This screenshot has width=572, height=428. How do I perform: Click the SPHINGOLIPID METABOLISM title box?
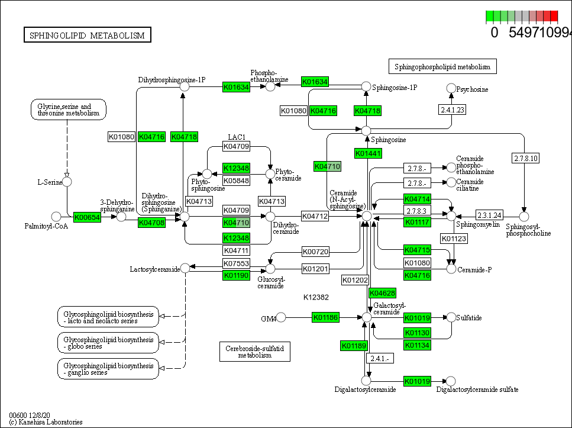click(x=87, y=36)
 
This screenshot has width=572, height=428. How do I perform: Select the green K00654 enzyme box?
click(x=87, y=217)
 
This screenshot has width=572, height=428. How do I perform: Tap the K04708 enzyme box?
click(x=151, y=223)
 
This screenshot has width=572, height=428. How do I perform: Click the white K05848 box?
click(x=236, y=180)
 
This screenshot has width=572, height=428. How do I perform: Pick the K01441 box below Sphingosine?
click(x=368, y=153)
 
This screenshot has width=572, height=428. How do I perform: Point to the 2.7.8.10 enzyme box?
click(x=525, y=158)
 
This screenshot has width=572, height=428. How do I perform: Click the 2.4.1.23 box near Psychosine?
click(x=453, y=109)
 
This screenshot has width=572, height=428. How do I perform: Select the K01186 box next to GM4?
click(x=326, y=318)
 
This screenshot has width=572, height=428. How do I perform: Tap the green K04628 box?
click(x=382, y=293)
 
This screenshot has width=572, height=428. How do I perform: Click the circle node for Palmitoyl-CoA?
click(x=57, y=217)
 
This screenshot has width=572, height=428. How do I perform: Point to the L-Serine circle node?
click(x=67, y=182)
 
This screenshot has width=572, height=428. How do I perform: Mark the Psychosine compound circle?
click(x=451, y=89)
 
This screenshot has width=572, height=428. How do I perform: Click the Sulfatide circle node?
click(x=451, y=318)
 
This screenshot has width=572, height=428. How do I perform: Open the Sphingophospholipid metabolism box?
click(x=442, y=66)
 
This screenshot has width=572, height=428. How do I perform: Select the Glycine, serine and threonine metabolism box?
click(x=68, y=109)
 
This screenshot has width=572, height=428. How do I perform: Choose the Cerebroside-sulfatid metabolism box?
click(x=254, y=352)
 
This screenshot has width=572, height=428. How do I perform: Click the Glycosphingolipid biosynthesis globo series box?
click(x=108, y=342)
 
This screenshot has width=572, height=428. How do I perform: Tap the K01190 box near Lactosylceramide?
click(x=236, y=275)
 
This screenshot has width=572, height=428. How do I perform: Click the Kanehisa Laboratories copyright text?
click(x=46, y=422)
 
